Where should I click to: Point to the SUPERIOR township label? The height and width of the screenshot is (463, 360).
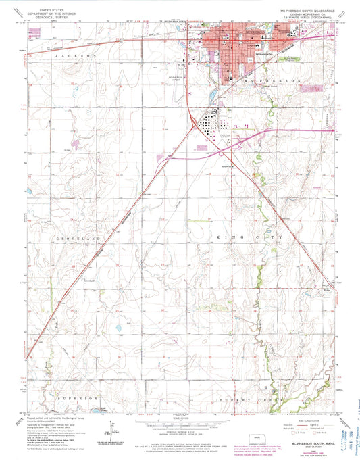point(76,399)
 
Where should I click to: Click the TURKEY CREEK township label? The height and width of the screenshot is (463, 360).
point(236,400)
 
